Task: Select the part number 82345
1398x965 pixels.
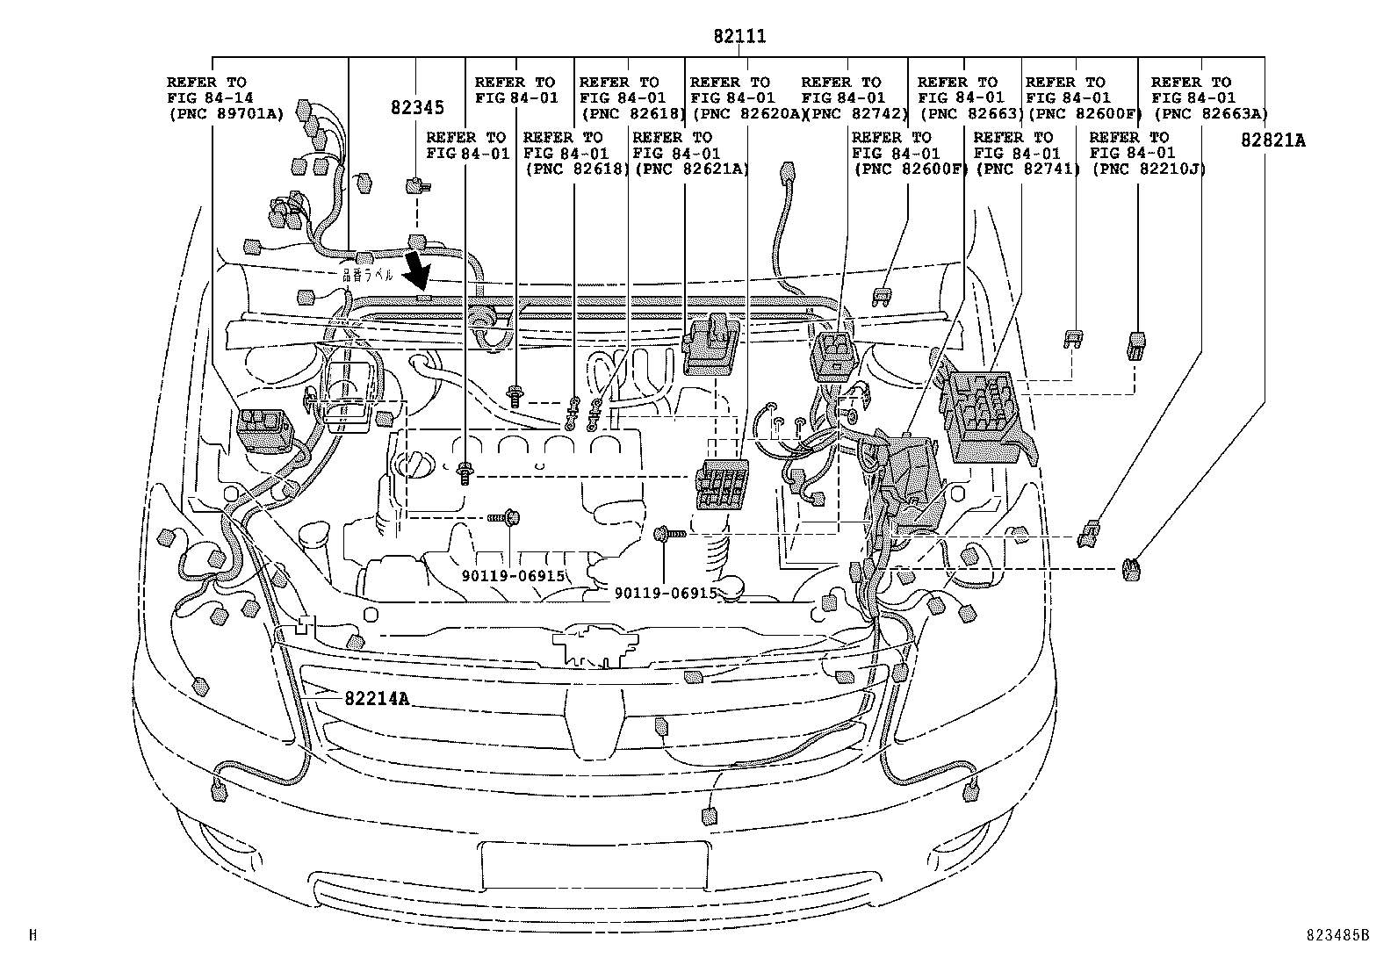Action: (x=417, y=108)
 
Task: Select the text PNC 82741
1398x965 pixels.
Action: (x=1027, y=169)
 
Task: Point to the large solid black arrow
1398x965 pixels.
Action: (x=420, y=270)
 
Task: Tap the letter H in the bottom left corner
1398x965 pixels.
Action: (x=32, y=936)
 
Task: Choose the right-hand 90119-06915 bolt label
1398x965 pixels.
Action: (x=666, y=594)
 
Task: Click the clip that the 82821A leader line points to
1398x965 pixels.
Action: (x=1132, y=570)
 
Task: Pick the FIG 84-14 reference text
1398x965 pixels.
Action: (x=207, y=97)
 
